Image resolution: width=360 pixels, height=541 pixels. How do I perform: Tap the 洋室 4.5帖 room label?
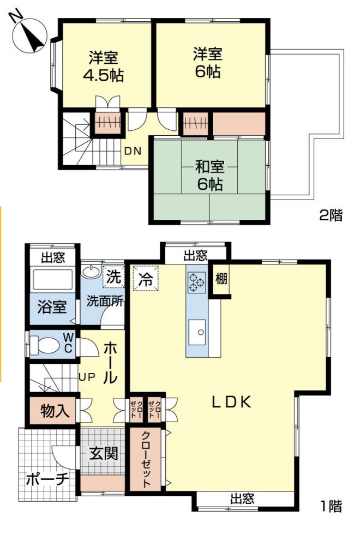tap(103, 67)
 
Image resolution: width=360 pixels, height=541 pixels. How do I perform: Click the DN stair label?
tap(133, 151)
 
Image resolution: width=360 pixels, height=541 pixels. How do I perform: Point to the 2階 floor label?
tap(331, 215)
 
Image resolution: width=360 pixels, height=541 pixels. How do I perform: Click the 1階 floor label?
tap(331, 506)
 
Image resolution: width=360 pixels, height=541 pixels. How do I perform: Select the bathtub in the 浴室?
tap(52, 279)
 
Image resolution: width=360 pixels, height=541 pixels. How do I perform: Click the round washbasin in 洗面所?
tap(91, 271)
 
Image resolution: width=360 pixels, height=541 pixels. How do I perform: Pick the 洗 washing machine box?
tap(113, 276)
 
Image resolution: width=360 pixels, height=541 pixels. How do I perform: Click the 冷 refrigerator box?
tap(146, 278)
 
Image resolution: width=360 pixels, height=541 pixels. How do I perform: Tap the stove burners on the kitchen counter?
tap(197, 282)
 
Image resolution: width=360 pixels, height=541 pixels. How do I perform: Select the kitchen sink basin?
tap(197, 332)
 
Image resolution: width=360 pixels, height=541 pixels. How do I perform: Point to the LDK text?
tap(231, 402)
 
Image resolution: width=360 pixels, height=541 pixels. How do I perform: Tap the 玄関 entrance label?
tap(104, 453)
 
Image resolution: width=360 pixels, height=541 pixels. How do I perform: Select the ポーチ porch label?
tap(47, 479)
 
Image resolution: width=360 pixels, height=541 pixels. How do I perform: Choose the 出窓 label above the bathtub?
tap(53, 257)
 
